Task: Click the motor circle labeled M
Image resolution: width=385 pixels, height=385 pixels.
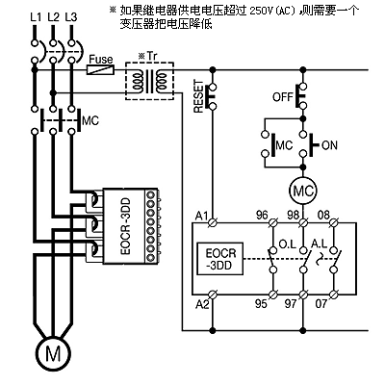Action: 53,353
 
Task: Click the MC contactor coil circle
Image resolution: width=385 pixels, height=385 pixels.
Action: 302,192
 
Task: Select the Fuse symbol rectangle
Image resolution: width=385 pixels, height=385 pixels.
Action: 101,69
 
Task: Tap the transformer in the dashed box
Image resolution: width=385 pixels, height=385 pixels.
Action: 149,81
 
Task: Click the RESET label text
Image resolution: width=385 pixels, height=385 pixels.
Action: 199,96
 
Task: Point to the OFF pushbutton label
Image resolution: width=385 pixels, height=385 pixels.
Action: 283,96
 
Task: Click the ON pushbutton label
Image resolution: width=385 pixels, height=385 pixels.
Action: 329,145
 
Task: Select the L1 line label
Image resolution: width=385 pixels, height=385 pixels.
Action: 36,17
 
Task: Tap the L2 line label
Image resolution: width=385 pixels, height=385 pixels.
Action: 54,17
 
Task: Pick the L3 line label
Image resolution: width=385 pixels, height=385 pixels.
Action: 71,17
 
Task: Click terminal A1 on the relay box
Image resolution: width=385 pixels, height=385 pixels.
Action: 212,221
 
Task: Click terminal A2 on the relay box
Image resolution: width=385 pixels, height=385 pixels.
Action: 212,294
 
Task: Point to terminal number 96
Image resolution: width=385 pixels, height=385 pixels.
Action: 262,215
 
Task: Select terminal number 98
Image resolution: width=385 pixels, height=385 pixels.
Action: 293,215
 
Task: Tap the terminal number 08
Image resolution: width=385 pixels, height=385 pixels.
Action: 323,215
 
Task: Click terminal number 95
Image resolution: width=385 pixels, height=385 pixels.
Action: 261,303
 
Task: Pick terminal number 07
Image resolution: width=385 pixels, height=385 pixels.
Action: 321,303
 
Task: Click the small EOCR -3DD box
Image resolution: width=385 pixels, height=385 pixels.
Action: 220,259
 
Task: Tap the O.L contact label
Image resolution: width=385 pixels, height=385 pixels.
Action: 288,244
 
